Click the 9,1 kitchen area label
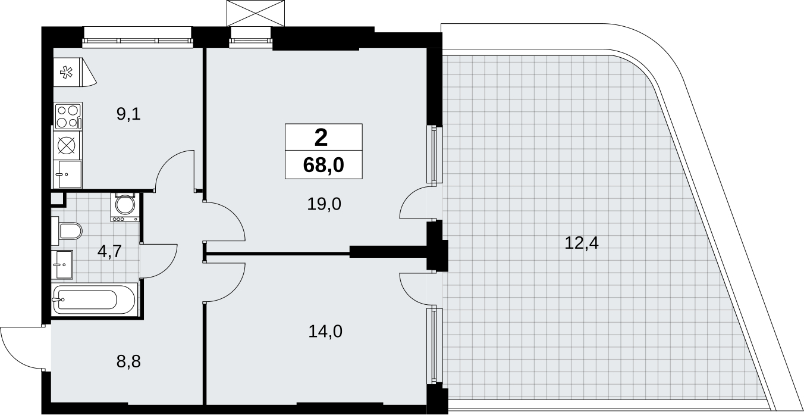tap(128, 115)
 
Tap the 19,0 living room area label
tap(324, 204)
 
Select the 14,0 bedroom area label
tap(325, 331)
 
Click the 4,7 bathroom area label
tap(110, 251)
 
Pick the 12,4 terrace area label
tap(582, 243)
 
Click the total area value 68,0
tap(324, 166)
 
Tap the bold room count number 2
tap(321, 138)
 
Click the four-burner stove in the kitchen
tap(68, 116)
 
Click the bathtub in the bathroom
tap(94, 299)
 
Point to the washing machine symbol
tap(125, 207)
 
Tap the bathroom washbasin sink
tap(62, 264)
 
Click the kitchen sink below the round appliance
tap(68, 174)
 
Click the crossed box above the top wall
tap(256, 13)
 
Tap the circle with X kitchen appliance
tap(68, 145)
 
